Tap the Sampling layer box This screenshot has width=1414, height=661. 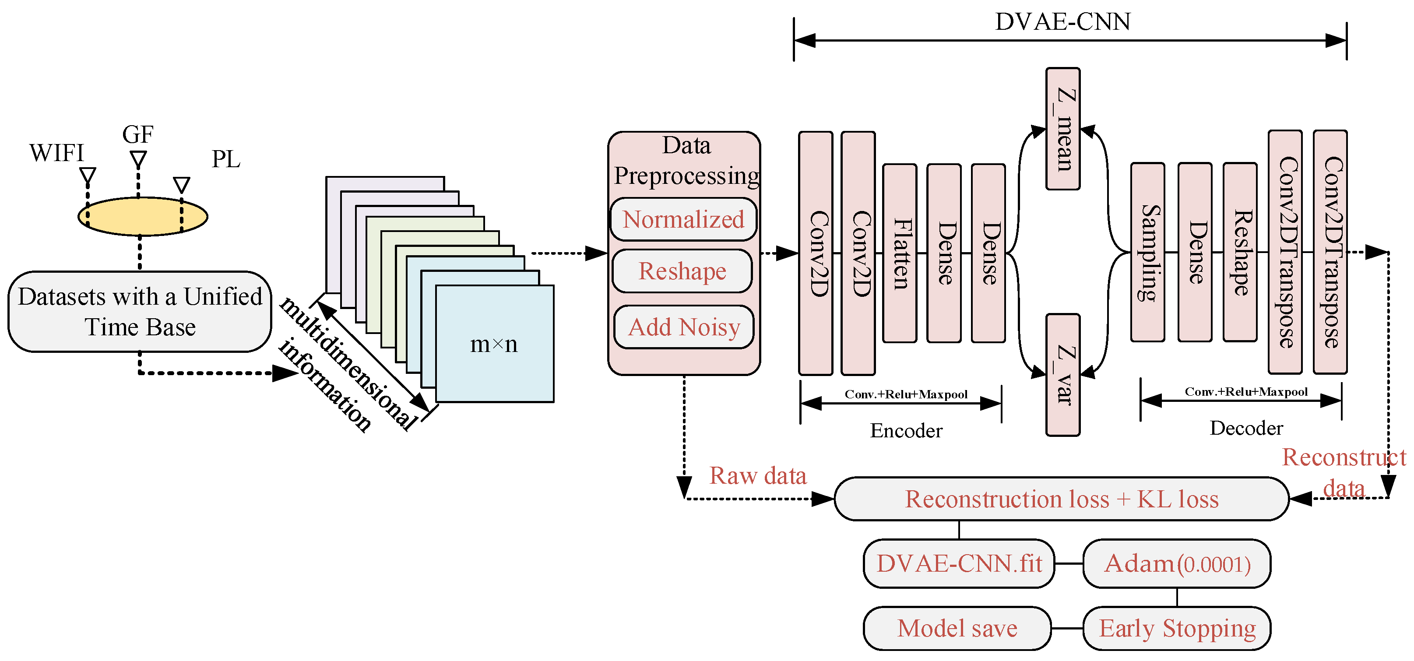point(1147,253)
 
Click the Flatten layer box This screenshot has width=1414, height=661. point(899,253)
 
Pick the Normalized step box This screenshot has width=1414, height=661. point(683,220)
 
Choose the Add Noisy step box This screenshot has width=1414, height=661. point(683,327)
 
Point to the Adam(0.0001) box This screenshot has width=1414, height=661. point(1176,564)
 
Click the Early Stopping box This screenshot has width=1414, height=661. point(1176,629)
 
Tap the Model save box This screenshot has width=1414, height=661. point(957,629)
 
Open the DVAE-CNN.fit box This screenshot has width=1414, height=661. point(958,564)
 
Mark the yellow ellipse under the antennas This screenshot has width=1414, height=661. point(143,216)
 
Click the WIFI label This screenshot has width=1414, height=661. point(56,153)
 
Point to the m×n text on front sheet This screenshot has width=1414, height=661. point(493,344)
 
